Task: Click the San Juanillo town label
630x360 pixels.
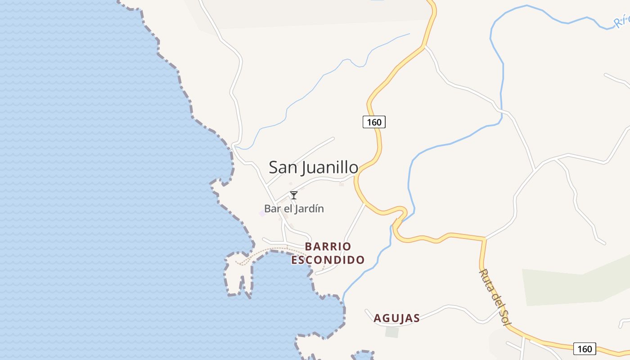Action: pos(313,167)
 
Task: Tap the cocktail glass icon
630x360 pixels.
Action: pos(294,195)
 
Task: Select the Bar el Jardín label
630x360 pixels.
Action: pos(294,209)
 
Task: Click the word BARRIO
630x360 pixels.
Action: pos(328,247)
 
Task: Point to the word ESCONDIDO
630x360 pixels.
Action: pos(328,260)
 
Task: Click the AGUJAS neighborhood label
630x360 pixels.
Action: pos(396,318)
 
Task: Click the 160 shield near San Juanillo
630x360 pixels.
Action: pos(374,122)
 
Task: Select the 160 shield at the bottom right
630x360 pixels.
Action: pos(585,349)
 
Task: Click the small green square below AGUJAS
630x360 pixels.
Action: pos(392,332)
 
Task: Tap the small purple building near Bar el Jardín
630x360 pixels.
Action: pos(262,213)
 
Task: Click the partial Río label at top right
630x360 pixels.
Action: pos(622,20)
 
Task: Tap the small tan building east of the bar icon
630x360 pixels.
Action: pos(341,184)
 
